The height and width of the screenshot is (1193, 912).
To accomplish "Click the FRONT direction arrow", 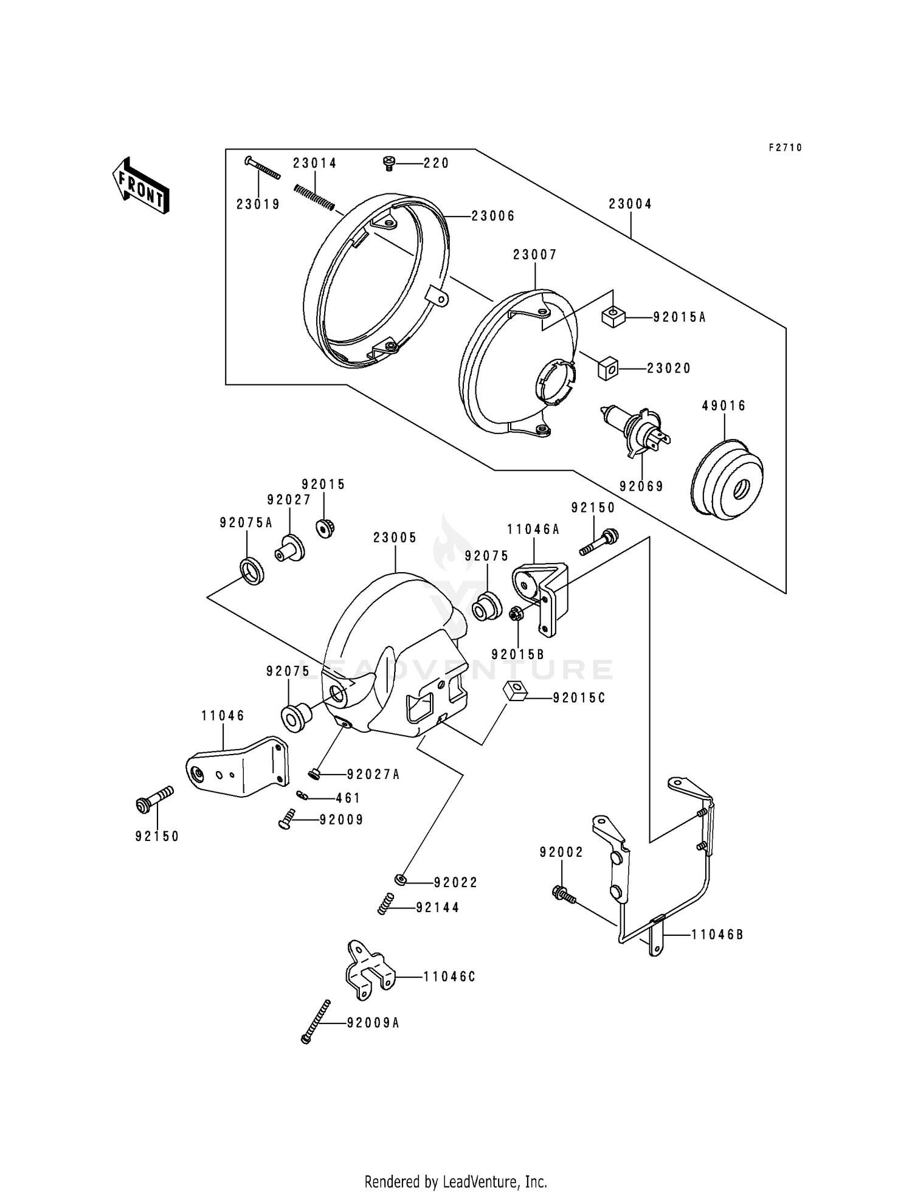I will (x=140, y=185).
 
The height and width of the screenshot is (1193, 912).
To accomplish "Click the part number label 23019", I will (x=258, y=204).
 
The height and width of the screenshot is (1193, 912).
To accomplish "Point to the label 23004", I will (x=630, y=204).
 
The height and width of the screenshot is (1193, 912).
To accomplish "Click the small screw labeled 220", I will (x=387, y=162).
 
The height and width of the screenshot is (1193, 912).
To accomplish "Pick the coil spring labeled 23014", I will (x=314, y=198).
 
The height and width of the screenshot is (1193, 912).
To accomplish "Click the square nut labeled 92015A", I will (x=614, y=317).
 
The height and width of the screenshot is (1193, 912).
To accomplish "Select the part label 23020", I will (x=668, y=368).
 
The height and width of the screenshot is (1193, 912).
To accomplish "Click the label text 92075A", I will (x=246, y=523).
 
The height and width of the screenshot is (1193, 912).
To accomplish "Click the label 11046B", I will (x=717, y=935).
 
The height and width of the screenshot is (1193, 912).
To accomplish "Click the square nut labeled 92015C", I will (x=514, y=692).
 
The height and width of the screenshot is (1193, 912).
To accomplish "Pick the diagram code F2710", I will (x=785, y=148).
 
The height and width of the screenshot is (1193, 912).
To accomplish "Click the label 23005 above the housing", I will (x=395, y=538).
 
